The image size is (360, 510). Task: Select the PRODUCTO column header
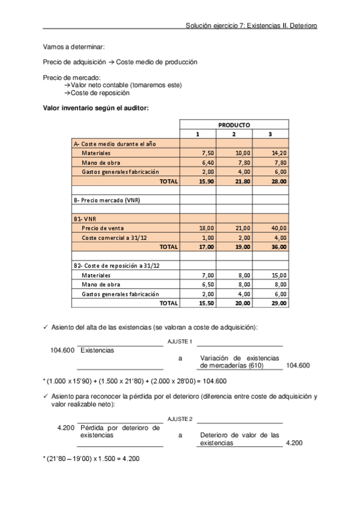[234, 125]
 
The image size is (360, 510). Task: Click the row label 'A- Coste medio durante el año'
[106, 144]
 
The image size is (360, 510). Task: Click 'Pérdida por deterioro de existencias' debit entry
[120, 431]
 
